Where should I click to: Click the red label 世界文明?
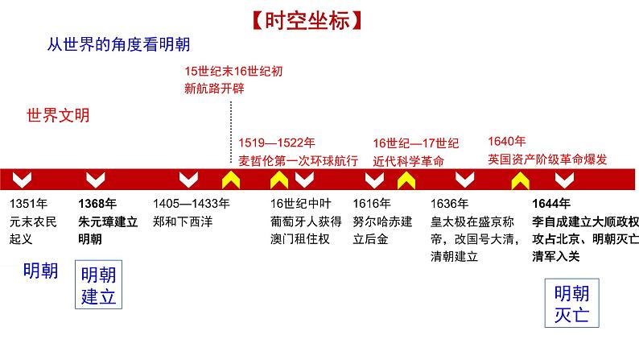[x=58, y=115]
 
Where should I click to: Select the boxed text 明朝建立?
[x=99, y=284]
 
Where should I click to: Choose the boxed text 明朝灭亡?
[x=572, y=303]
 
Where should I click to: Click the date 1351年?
[x=30, y=203]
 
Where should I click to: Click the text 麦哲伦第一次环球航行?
[x=298, y=160]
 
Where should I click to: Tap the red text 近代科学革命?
[x=408, y=160]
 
